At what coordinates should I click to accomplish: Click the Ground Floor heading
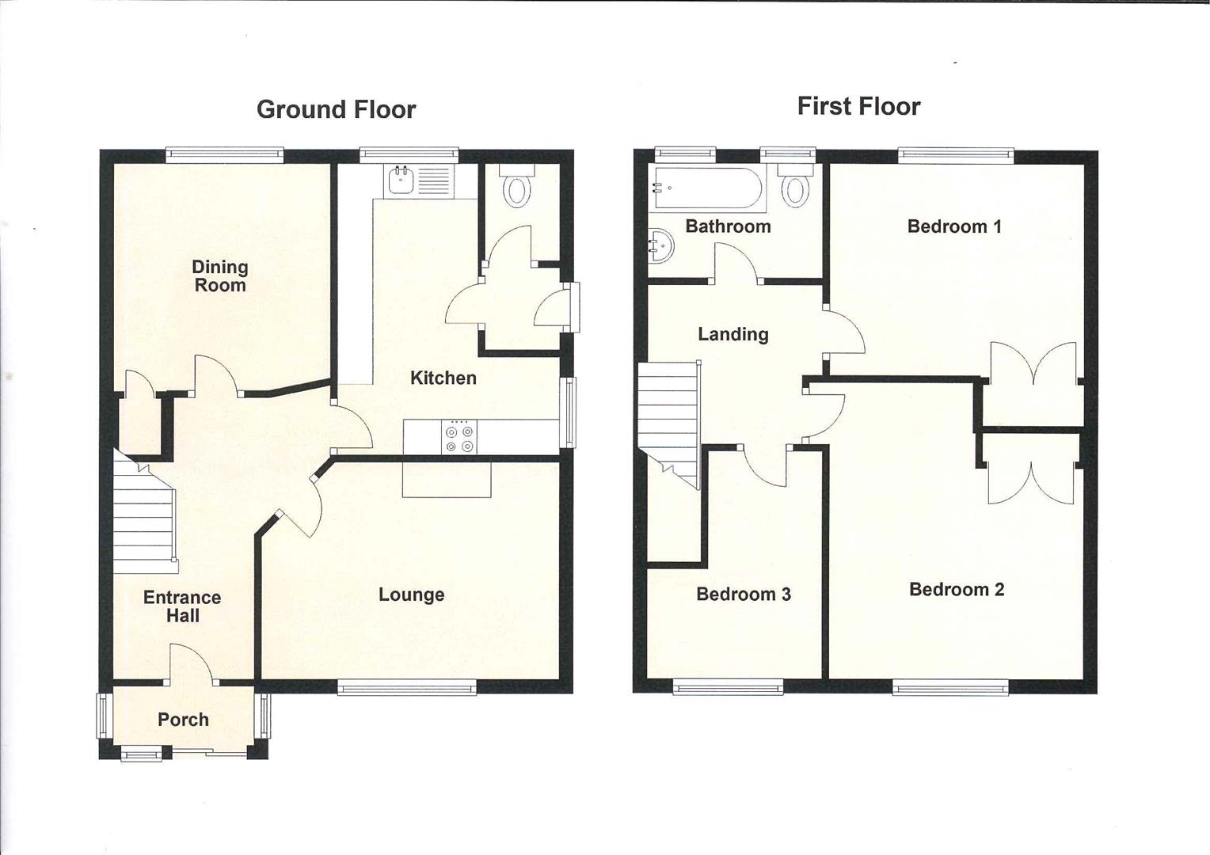tap(336, 109)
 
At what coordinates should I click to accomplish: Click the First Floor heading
tap(858, 106)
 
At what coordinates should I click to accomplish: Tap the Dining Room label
tap(220, 276)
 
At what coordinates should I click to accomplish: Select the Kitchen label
tap(443, 378)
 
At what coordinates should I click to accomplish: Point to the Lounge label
tap(411, 595)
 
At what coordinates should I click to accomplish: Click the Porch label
tap(183, 720)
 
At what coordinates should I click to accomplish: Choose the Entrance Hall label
tap(182, 606)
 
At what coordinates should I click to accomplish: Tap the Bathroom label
tap(728, 226)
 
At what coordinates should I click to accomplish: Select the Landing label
tap(732, 334)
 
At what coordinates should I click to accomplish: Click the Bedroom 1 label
tap(953, 226)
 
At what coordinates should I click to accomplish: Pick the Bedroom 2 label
tap(956, 589)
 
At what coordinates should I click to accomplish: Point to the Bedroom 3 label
tap(743, 594)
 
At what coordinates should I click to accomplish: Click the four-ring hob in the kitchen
tap(460, 439)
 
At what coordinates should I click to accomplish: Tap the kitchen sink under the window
tap(401, 182)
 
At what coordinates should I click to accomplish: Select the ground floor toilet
tap(517, 188)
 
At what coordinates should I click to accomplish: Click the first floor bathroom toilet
tap(795, 187)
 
